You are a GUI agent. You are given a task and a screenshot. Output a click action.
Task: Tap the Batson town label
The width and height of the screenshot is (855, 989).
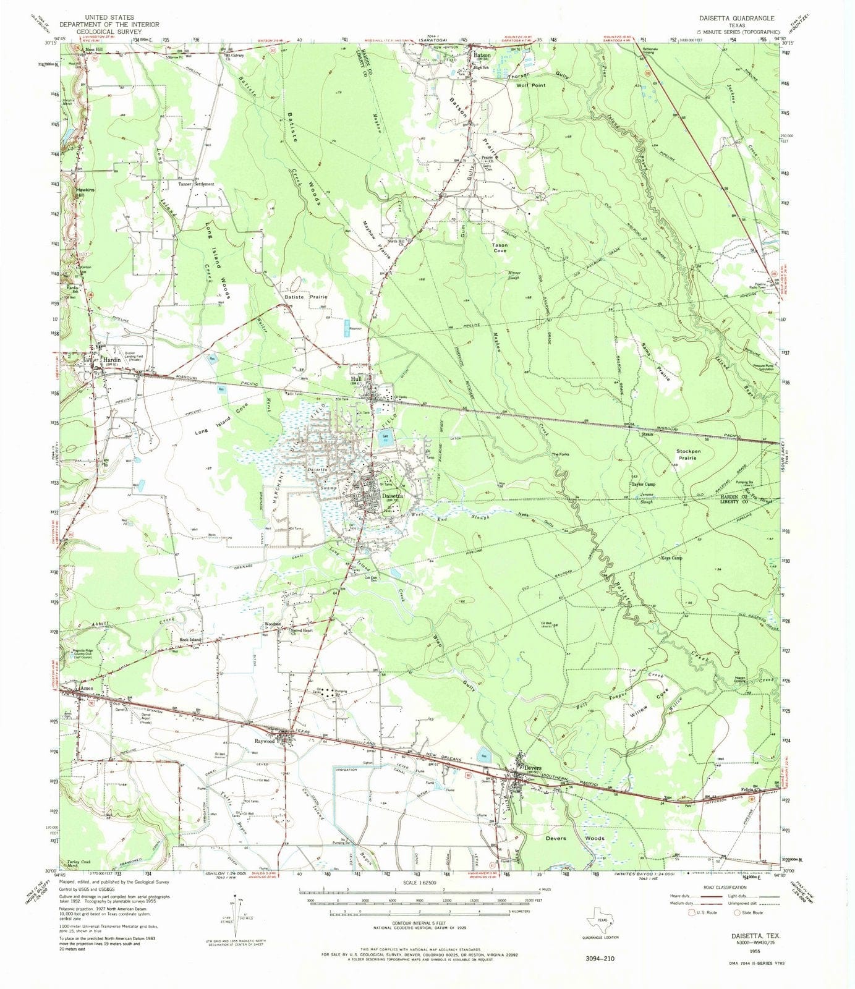click(482, 55)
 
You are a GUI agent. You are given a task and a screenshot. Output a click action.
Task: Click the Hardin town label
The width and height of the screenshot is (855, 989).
click(111, 359)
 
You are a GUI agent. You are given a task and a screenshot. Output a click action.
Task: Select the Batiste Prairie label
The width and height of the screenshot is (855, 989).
click(305, 297)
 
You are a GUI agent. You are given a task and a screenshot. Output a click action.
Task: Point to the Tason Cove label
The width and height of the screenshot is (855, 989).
click(500, 248)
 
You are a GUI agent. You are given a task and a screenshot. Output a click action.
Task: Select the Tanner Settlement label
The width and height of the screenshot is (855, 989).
click(197, 184)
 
